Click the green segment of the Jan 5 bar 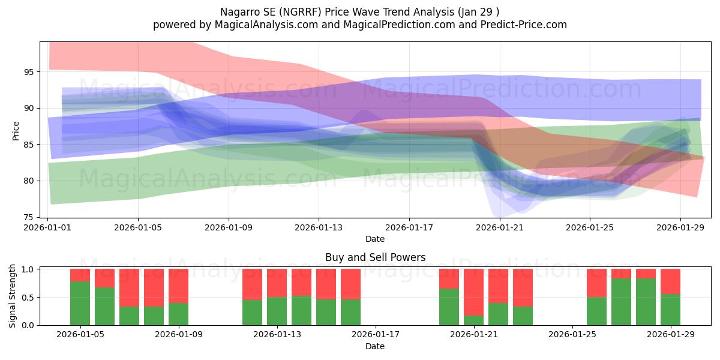[x=80, y=304]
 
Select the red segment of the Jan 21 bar [x=474, y=292]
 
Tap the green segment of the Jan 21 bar [x=474, y=320]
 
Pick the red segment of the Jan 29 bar [x=671, y=281]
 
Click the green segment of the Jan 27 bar [x=622, y=302]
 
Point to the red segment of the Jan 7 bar [x=129, y=287]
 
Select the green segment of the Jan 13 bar [x=277, y=311]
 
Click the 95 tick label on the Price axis [x=29, y=72]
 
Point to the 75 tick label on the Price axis [x=29, y=218]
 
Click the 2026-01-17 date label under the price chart [x=409, y=227]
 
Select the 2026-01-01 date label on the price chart [x=47, y=227]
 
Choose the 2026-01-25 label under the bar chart [x=572, y=335]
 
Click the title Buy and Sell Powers [x=375, y=257]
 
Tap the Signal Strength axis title [x=12, y=296]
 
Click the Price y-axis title [x=16, y=131]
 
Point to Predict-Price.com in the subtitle [x=524, y=25]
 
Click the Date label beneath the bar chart [x=375, y=346]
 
